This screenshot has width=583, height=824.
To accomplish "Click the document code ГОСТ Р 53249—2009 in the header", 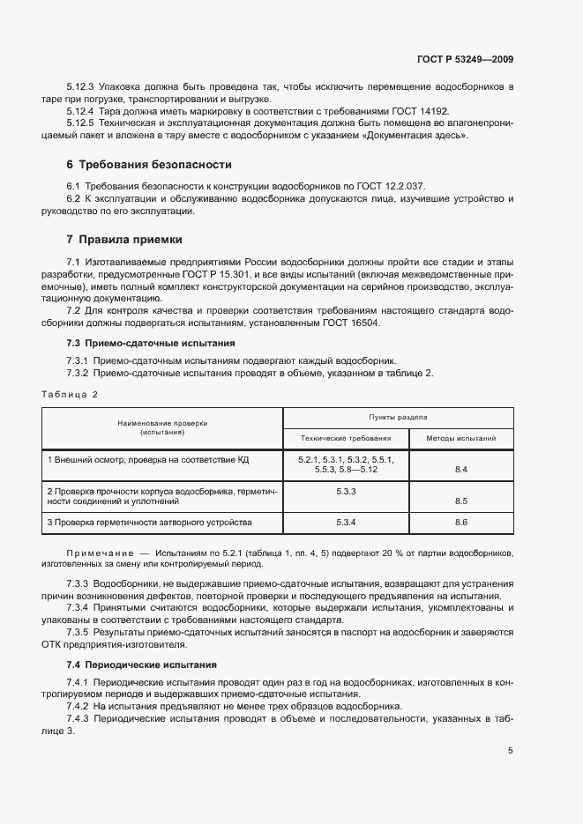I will click(464, 60).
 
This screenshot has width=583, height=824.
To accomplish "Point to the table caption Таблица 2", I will click(70, 394).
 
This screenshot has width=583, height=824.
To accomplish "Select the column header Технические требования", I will click(346, 437).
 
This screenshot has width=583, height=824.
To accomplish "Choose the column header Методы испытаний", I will click(460, 437).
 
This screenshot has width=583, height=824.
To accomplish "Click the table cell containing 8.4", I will click(460, 470).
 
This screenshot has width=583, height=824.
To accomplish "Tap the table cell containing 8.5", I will click(460, 501).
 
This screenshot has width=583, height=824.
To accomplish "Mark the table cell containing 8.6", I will click(460, 523).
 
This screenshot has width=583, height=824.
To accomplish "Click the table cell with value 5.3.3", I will click(346, 491).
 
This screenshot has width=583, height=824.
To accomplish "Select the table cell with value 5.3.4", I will click(346, 523).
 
